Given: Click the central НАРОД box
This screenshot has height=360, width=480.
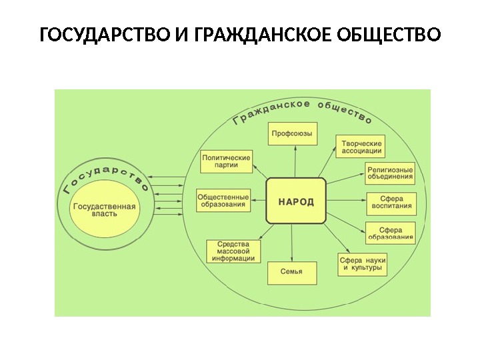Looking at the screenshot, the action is (x=296, y=201).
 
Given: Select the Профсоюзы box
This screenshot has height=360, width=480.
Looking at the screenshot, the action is (x=292, y=133).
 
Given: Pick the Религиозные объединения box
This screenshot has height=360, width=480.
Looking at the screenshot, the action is (x=390, y=174).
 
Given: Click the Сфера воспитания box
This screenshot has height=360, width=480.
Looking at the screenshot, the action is (x=391, y=202).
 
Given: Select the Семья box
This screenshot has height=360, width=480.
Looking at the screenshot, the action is (x=292, y=272).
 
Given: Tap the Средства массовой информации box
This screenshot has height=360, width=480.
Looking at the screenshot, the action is (x=233, y=251).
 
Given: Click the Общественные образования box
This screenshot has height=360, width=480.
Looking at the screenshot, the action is (x=223, y=201).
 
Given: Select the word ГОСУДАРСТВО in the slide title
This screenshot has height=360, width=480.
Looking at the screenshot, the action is (x=105, y=34).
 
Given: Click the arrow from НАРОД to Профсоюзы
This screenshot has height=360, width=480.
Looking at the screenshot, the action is (x=293, y=162).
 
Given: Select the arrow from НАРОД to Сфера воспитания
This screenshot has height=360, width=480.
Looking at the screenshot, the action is (x=345, y=201).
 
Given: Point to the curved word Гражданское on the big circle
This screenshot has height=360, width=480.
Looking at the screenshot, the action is (x=270, y=110).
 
